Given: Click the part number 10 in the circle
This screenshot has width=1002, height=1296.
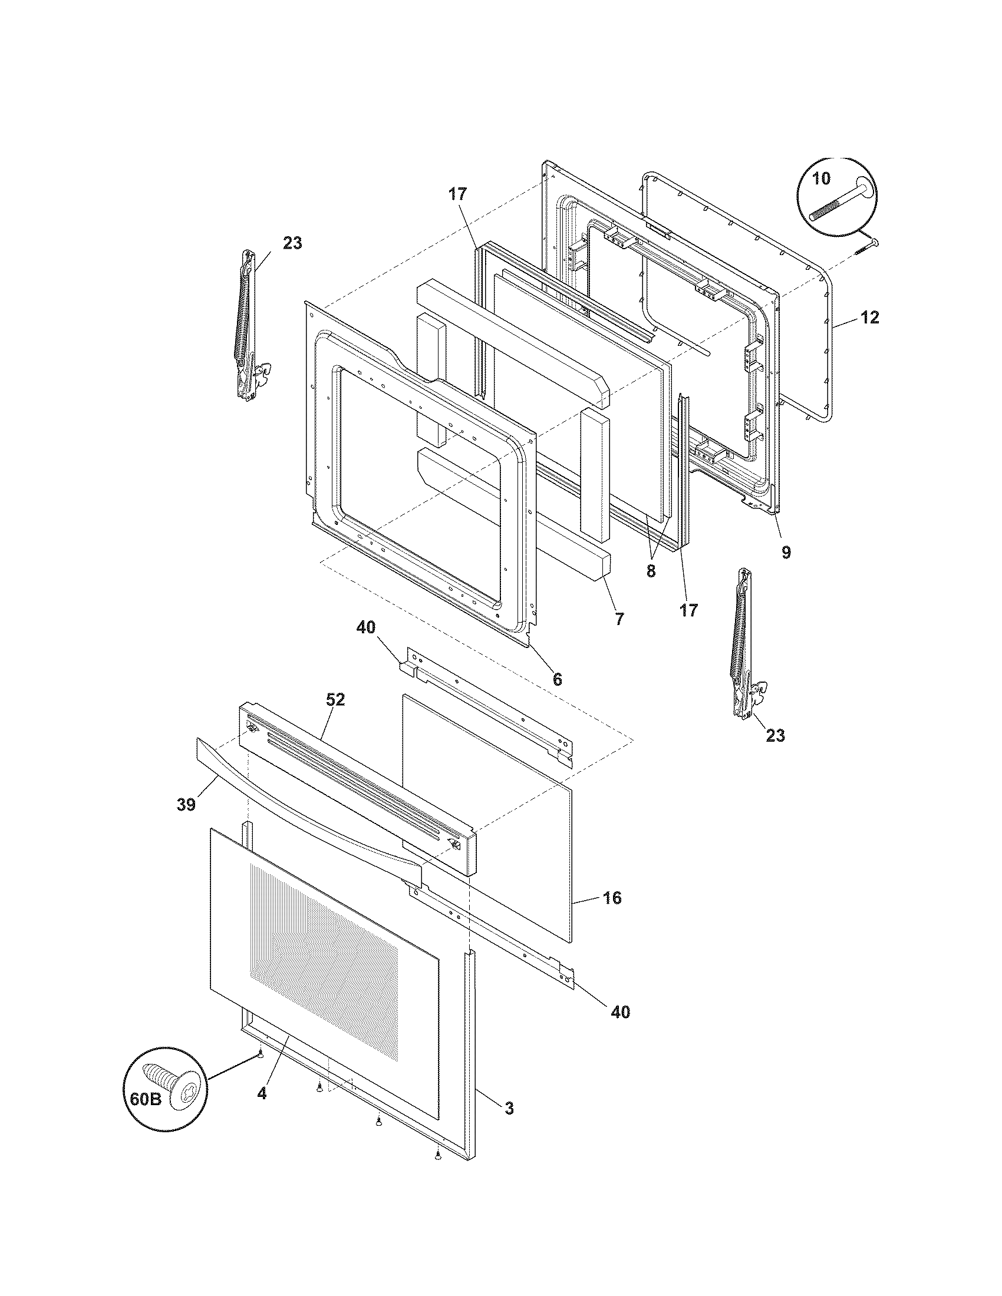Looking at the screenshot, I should (821, 178).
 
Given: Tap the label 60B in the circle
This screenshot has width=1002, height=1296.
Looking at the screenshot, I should (146, 1099).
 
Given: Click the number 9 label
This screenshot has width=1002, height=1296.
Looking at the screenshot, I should (786, 553).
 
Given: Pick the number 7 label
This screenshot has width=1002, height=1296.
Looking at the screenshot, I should (619, 619).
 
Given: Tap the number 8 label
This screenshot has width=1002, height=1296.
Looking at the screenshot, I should (651, 572).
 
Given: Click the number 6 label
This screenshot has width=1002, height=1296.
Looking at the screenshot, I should (557, 679).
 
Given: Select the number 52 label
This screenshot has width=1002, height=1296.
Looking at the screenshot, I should (335, 700).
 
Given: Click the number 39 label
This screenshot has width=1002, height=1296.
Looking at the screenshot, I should (186, 805).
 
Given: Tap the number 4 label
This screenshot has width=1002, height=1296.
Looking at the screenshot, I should (262, 1092).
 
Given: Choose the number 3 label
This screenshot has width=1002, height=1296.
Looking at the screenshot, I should (509, 1107).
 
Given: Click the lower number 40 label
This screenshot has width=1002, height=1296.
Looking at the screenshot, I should (619, 1011).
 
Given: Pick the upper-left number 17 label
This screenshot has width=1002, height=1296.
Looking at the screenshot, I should (457, 194).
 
